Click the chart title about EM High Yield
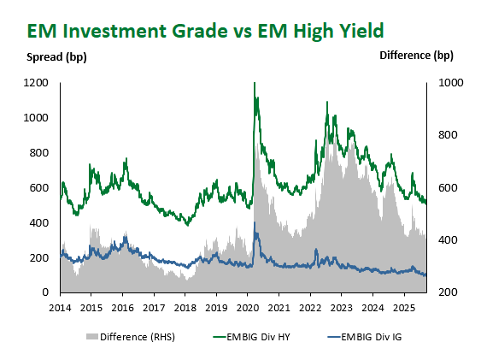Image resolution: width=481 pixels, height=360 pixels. pyautogui.click(x=205, y=31)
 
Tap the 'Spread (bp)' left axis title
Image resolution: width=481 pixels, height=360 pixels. pyautogui.click(x=56, y=57)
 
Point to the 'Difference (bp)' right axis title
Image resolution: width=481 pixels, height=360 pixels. pyautogui.click(x=416, y=56)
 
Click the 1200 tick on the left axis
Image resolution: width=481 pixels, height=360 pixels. pyautogui.click(x=36, y=83)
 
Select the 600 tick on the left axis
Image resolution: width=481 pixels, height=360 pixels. pyautogui.click(x=39, y=187)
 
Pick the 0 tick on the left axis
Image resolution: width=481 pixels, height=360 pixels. pyautogui.click(x=45, y=292)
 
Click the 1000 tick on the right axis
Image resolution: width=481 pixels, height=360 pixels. pyautogui.click(x=450, y=83)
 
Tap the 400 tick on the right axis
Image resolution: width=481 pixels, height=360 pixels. pyautogui.click(x=448, y=239)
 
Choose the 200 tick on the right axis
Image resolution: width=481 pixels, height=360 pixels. pyautogui.click(x=448, y=292)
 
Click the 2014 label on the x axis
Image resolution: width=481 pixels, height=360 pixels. pyautogui.click(x=60, y=308)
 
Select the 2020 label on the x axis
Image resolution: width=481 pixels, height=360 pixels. pyautogui.click(x=248, y=308)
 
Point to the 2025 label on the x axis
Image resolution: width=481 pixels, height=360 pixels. pyautogui.click(x=404, y=308)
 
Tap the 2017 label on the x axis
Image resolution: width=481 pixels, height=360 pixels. pyautogui.click(x=154, y=308)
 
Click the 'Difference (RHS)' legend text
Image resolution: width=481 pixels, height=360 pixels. pyautogui.click(x=138, y=337)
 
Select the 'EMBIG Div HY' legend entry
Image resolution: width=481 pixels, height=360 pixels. pyautogui.click(x=251, y=337)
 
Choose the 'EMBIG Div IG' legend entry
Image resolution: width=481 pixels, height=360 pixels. pyautogui.click(x=365, y=337)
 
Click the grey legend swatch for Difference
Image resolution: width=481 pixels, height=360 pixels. pyautogui.click(x=92, y=337)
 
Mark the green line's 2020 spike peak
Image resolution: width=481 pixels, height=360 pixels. pyautogui.click(x=255, y=83)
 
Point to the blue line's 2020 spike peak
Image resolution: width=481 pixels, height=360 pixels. pyautogui.click(x=255, y=223)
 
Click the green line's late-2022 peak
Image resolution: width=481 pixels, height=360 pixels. pyautogui.click(x=327, y=102)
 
